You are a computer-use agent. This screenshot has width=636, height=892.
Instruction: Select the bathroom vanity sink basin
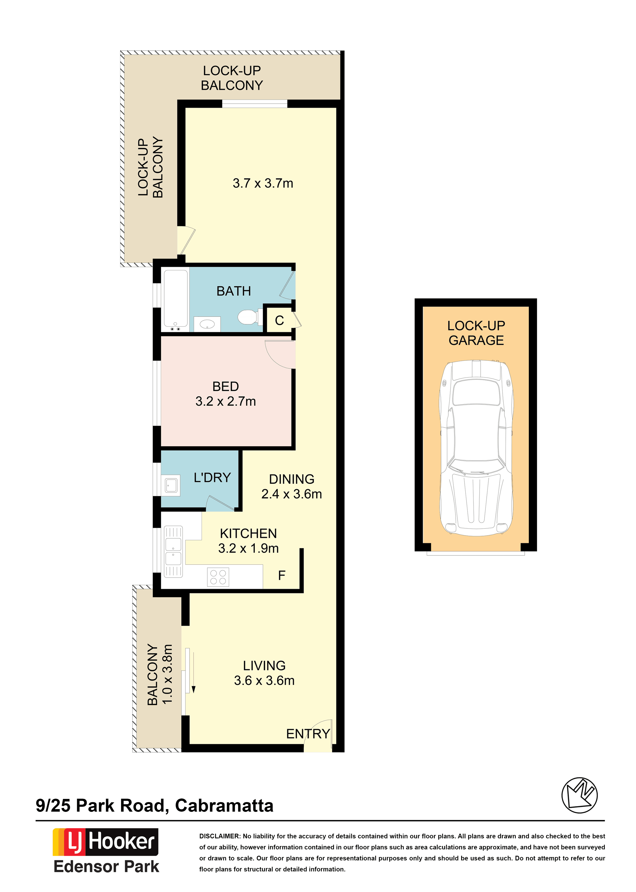(x=207, y=324)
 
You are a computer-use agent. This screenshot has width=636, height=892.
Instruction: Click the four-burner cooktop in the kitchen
(x=218, y=577)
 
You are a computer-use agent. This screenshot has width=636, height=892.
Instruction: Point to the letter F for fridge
(x=282, y=575)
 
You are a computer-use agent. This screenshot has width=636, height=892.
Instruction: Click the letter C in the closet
(x=279, y=320)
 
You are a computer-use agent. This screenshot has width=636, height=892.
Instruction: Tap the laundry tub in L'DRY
(x=171, y=486)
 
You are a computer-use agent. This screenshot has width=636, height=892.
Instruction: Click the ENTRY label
(x=308, y=734)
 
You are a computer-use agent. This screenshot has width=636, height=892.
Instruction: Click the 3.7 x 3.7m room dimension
(x=263, y=183)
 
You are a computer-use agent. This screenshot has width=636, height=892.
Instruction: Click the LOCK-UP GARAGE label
(x=476, y=333)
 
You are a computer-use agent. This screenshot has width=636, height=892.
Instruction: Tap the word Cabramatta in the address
(x=224, y=806)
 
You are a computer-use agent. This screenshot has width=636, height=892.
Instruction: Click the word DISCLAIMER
(x=220, y=836)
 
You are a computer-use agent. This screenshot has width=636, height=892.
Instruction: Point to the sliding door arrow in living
(x=193, y=673)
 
